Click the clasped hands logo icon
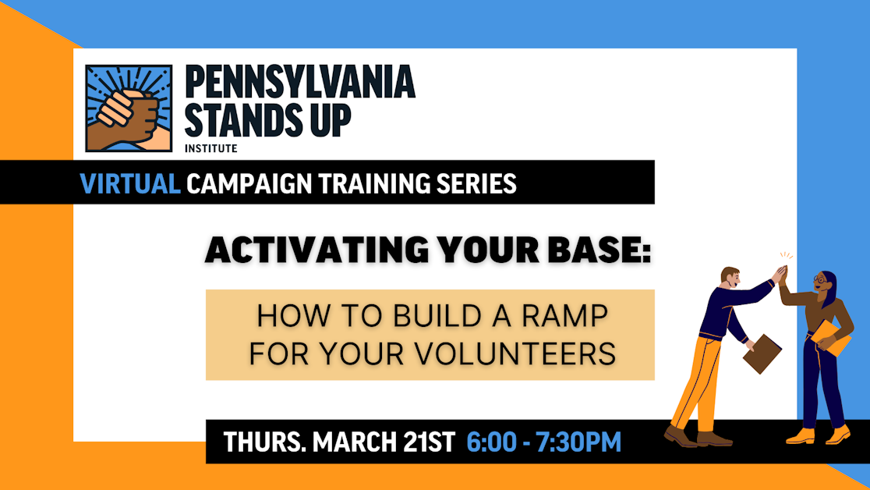(x=129, y=108)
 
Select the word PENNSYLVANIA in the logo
(x=299, y=83)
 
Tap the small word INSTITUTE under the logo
(x=210, y=147)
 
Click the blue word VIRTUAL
(x=130, y=183)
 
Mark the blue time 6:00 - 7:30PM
(x=543, y=442)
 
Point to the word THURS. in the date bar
(x=263, y=442)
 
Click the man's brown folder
(x=762, y=353)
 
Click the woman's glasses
(x=820, y=279)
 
